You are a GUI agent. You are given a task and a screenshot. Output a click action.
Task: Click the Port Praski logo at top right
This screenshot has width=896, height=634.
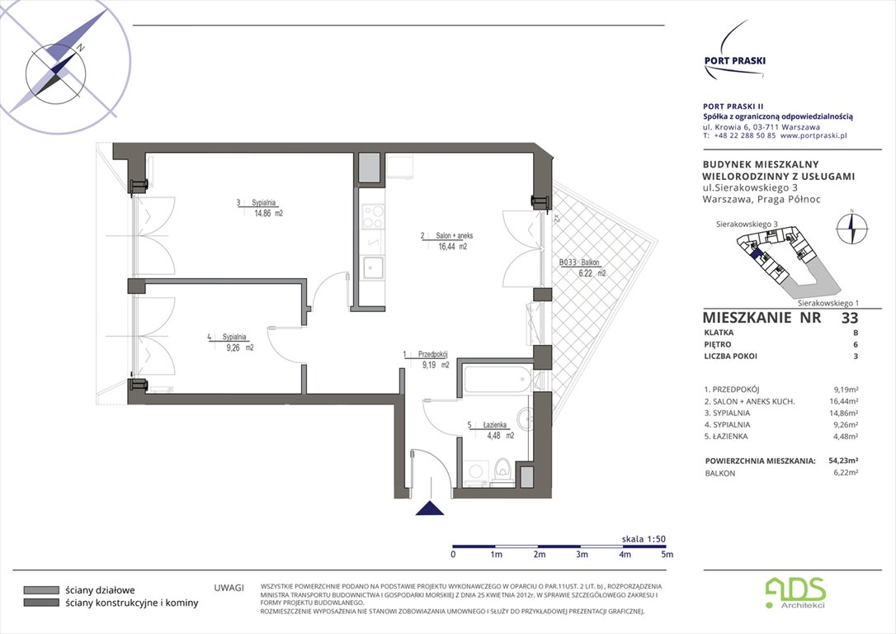pos(733,52)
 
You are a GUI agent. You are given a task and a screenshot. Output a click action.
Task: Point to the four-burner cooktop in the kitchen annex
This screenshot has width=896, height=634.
pos(373,215)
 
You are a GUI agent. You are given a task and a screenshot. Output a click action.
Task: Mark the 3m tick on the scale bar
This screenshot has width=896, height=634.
pos(582,554)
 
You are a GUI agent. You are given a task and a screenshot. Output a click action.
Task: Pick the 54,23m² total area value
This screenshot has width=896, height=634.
pos(842,461)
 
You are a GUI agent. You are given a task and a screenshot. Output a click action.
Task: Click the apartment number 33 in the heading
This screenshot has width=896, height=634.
pos(849,318)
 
